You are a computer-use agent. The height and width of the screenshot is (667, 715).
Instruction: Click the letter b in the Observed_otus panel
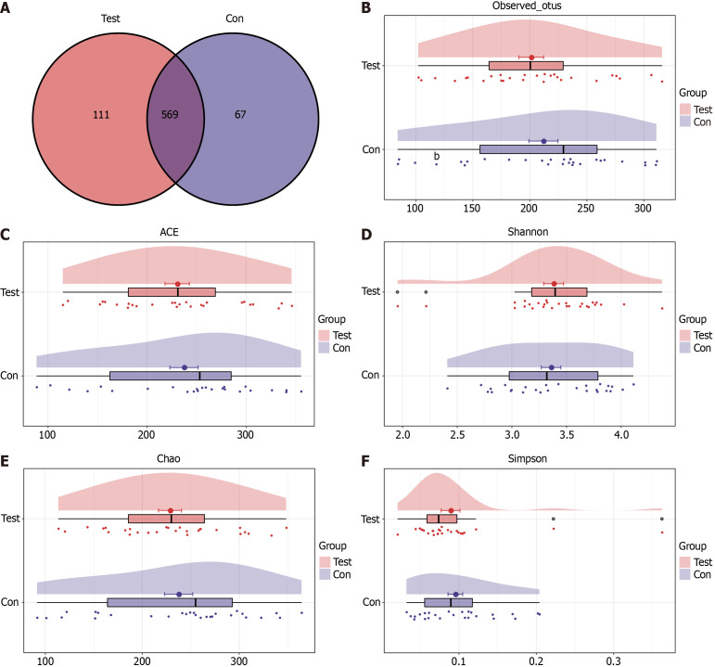pos(436,156)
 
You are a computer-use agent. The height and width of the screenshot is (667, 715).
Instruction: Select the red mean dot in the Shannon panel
pos(554,284)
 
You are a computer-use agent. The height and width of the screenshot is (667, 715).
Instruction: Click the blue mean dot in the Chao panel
pos(179,595)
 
